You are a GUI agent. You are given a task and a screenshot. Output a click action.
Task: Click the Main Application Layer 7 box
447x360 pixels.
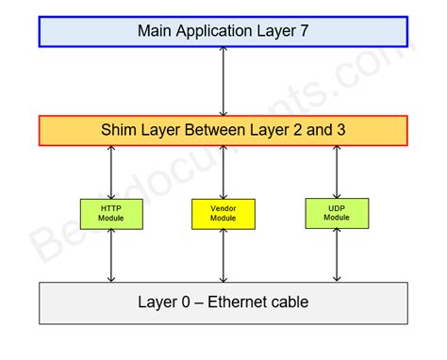(x=223, y=30)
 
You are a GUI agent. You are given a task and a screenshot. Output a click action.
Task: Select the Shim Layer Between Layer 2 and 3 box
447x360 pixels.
(x=223, y=131)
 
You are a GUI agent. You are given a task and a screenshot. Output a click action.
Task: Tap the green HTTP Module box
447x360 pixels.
(x=112, y=213)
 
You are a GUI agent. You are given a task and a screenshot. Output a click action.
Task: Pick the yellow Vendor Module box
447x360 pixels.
(x=223, y=214)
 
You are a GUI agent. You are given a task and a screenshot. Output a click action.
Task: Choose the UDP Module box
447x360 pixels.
(x=337, y=213)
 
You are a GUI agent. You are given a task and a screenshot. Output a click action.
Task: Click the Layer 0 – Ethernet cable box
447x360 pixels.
(x=223, y=303)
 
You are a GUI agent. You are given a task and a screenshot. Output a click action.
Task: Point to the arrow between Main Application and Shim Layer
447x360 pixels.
(x=223, y=81)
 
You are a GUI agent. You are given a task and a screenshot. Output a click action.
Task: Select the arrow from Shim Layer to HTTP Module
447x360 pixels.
(x=112, y=172)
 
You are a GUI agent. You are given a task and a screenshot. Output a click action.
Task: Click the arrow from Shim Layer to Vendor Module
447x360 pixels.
(x=223, y=172)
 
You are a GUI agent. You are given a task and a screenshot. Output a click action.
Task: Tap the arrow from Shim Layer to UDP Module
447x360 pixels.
(x=337, y=172)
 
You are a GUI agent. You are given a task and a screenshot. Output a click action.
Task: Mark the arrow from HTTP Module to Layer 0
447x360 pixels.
(x=112, y=254)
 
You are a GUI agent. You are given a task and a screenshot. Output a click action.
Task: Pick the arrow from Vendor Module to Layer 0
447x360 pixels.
(x=223, y=255)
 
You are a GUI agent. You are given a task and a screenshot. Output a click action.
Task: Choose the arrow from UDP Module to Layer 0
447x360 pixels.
(x=337, y=254)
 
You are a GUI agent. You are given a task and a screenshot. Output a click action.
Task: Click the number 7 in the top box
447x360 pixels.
(x=305, y=30)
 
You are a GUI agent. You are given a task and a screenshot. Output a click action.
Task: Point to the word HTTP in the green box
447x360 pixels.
(x=112, y=208)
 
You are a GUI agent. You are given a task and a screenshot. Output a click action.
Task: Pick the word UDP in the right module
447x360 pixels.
(x=337, y=208)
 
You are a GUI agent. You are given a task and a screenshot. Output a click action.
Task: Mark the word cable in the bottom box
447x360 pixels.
(x=289, y=303)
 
